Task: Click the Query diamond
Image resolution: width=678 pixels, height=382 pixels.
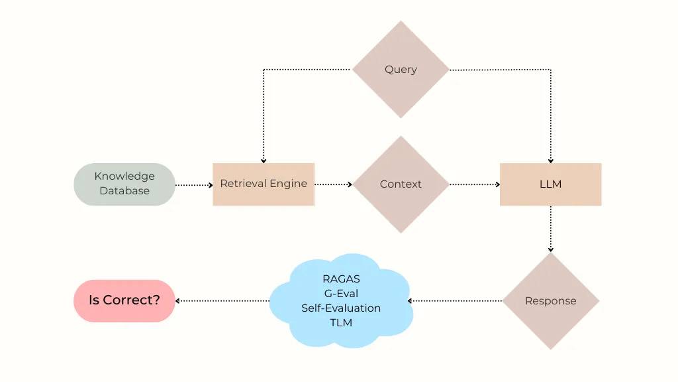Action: (401, 70)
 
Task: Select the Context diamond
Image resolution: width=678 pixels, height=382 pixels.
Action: (401, 184)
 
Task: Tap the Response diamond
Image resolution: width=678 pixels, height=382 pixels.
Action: (550, 301)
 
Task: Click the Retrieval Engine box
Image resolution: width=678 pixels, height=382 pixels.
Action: (264, 184)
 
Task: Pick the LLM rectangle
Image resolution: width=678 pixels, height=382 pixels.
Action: (550, 184)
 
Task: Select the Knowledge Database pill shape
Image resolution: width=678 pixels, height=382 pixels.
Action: (124, 184)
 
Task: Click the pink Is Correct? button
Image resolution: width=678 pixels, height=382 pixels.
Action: (124, 300)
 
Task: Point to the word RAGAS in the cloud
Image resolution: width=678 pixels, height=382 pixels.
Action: (341, 279)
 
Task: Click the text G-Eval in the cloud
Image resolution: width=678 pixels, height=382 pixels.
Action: (341, 294)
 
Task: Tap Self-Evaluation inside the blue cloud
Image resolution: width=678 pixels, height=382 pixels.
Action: (341, 308)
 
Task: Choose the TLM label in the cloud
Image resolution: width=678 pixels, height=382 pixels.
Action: (341, 323)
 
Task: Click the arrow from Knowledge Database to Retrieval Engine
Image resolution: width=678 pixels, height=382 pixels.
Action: (193, 185)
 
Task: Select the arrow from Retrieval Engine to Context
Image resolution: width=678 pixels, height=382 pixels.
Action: (333, 185)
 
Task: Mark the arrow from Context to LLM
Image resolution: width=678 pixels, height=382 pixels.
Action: (474, 185)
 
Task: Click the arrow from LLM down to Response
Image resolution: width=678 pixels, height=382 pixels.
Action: (550, 229)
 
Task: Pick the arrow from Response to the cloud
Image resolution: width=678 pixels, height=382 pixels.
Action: (456, 301)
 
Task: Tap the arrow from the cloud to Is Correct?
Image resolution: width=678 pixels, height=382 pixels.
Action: (222, 301)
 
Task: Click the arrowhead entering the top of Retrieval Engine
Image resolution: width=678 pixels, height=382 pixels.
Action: (264, 160)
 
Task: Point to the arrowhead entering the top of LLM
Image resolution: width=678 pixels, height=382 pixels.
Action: (550, 160)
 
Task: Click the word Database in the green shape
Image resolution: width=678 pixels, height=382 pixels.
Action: (124, 191)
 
